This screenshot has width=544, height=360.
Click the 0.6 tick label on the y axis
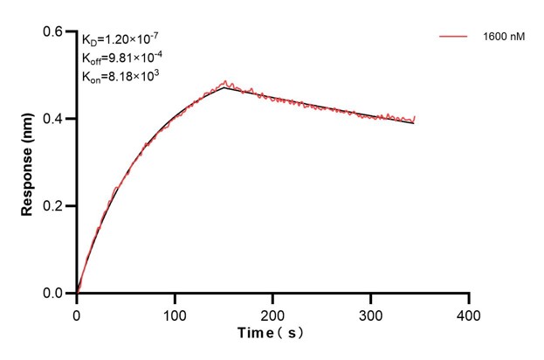coord(54,31)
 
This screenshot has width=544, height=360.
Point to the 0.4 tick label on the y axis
coord(54,119)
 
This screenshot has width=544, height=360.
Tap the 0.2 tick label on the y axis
coord(54,206)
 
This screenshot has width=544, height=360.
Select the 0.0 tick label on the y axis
coord(54,294)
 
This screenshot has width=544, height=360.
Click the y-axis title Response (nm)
coord(28,163)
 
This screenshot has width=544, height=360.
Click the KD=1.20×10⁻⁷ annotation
coord(121,39)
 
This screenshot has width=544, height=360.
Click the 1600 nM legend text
coord(502,38)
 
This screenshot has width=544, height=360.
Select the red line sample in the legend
coord(454,38)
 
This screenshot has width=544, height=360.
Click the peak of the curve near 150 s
coord(224,86)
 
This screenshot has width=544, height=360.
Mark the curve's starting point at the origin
coord(77,294)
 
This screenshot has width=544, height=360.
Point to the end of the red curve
coord(414,119)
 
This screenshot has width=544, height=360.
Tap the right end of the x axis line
coord(469,294)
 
